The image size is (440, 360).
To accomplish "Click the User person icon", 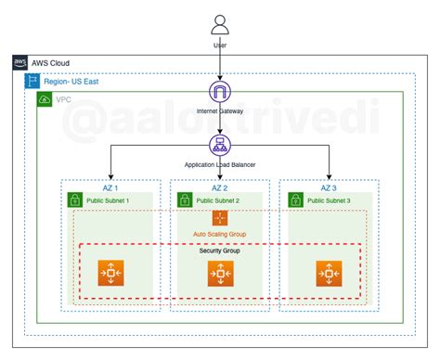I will tap(220, 23).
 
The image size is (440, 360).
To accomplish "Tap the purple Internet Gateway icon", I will tap(220, 93).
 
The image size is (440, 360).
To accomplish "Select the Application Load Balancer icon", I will tap(220, 145).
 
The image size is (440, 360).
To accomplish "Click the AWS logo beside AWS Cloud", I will tap(20, 62).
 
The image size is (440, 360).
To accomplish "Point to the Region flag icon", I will tap(32, 81).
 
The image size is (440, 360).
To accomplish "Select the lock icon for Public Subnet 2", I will tap(181, 200).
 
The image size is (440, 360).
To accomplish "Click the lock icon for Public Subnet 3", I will tap(292, 200).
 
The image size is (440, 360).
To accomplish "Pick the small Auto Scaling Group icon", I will tap(220, 218).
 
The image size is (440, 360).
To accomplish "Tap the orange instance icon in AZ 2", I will tap(220, 274).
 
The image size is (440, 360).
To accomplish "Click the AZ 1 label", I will tap(111, 186).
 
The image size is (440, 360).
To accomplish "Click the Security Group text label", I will tap(220, 251).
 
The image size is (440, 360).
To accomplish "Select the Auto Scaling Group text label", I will tap(220, 235).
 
